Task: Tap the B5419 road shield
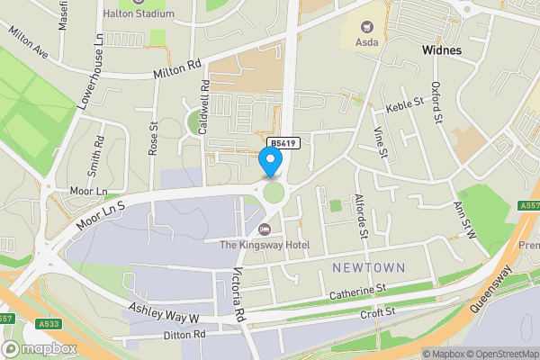coord(282,143)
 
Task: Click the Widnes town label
coord(441,50)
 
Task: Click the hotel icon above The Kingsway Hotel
coord(264,227)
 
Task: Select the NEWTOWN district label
coord(369,268)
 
